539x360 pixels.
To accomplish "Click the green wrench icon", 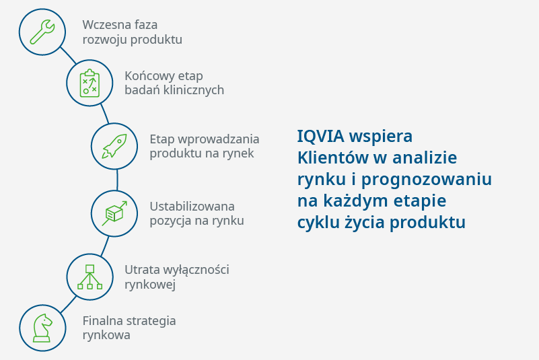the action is point(42,32).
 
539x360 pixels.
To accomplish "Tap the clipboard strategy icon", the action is point(89,83).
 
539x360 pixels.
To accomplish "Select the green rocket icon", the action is point(114,146).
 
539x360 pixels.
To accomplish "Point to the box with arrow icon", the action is point(114,213).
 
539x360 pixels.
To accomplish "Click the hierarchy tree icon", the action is point(89,277).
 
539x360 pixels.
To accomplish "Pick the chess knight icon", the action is point(42,328).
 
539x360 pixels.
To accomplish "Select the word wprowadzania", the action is point(219,139).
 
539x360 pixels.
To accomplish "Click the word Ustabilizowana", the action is point(192,207).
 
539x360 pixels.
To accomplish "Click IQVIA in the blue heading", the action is point(321,136).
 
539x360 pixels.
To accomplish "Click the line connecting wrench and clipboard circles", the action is point(68,56).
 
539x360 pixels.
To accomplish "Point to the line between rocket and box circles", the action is point(117,180).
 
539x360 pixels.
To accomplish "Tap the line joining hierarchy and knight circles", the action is point(69,304).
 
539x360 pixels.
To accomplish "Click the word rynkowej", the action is point(150,285).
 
